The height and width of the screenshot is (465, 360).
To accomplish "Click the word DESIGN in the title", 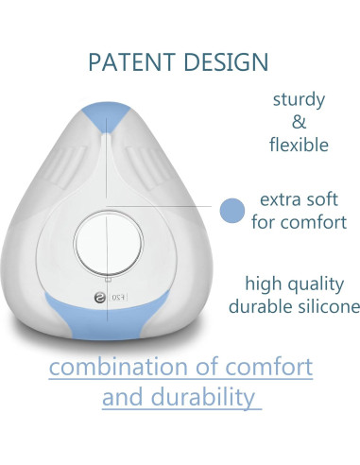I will [224, 62].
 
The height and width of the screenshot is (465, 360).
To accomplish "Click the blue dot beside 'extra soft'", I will [231, 211].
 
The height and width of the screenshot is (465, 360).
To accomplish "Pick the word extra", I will [273, 200].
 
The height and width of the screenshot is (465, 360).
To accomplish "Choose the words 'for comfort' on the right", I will [300, 223].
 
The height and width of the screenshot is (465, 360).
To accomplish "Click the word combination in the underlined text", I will [125, 366].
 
